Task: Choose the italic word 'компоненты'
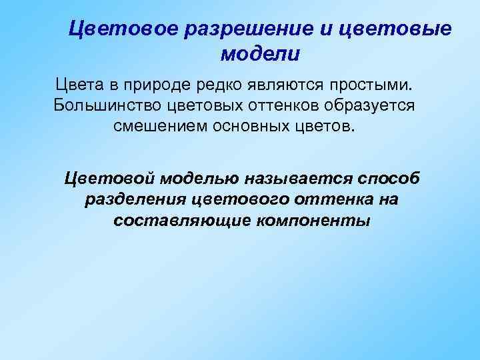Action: click(x=305, y=220)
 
